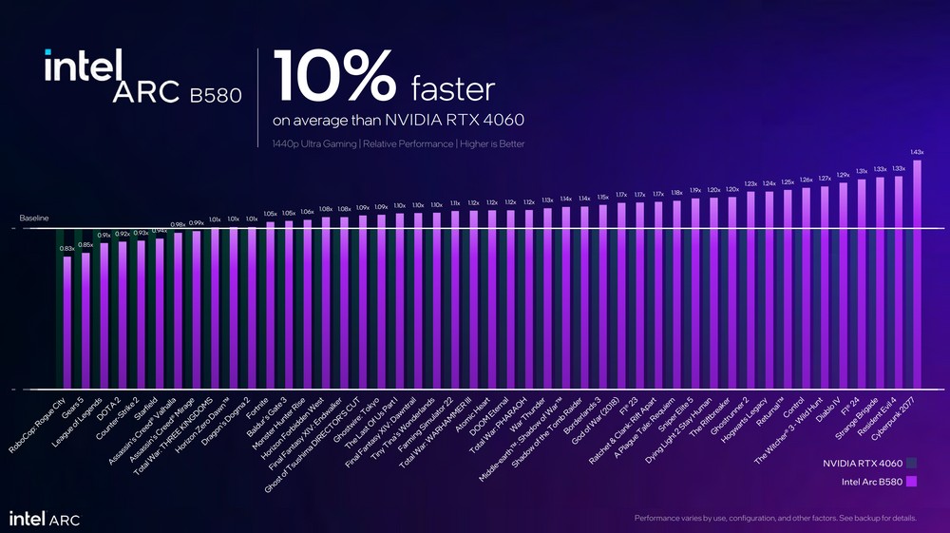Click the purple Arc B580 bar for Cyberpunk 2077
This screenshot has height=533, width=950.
tap(917, 276)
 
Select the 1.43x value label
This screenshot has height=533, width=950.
tap(917, 152)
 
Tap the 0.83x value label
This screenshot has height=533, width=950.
tap(66, 248)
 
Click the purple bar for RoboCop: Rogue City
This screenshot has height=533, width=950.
tap(67, 323)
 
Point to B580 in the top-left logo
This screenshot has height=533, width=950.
tap(216, 94)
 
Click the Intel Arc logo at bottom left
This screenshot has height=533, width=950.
tap(45, 518)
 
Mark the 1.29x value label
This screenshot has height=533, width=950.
tap(843, 175)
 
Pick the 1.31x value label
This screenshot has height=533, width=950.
tap(862, 171)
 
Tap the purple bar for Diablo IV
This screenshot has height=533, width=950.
tap(844, 285)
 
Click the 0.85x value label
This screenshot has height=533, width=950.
tap(85, 244)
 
